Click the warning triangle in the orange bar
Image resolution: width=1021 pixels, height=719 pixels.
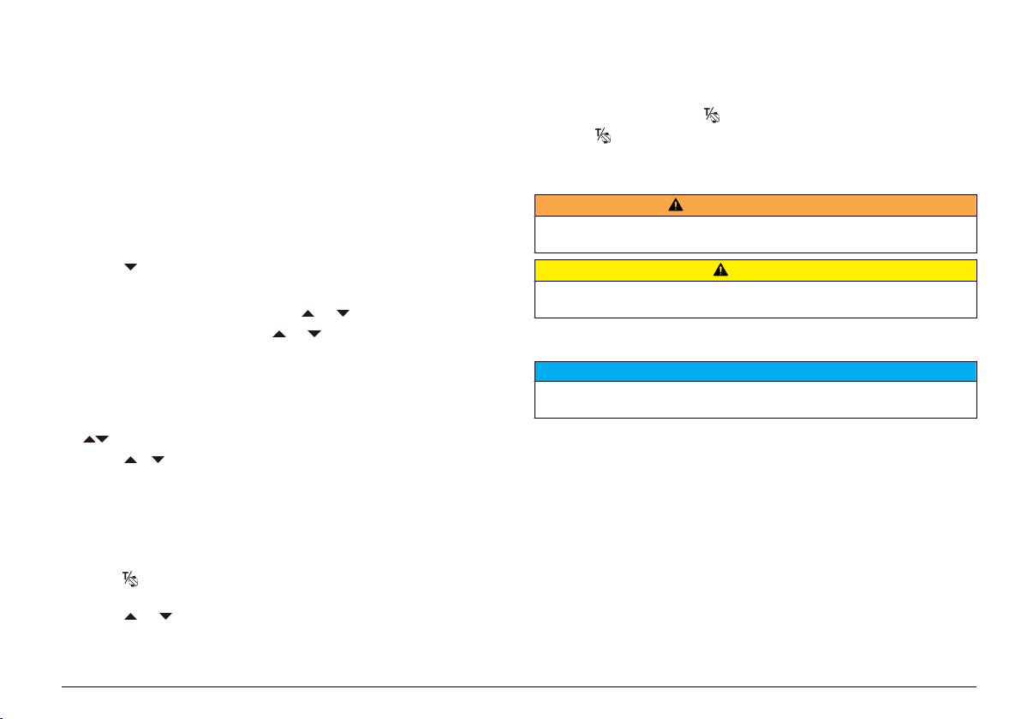(676, 205)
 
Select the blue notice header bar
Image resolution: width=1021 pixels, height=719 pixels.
(755, 371)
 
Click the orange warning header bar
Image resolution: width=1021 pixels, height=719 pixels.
(755, 205)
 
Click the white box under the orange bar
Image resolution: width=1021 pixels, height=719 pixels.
(755, 234)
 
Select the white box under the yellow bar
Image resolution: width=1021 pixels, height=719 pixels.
(755, 299)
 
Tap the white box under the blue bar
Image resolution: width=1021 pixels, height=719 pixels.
(755, 399)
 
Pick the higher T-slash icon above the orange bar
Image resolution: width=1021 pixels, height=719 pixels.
(712, 115)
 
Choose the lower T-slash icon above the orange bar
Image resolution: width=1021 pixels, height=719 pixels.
(604, 135)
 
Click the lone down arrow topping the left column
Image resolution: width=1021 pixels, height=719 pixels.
(130, 268)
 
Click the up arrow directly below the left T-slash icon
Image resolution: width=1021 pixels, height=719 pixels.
(130, 616)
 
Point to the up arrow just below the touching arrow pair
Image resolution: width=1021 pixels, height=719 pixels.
(130, 461)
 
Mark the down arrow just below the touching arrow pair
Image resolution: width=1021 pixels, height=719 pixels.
(159, 461)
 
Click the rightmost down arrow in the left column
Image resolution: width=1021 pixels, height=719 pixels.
(343, 314)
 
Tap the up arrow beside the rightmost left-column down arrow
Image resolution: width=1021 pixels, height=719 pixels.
(307, 314)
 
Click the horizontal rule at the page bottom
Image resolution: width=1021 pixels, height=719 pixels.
(520, 686)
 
